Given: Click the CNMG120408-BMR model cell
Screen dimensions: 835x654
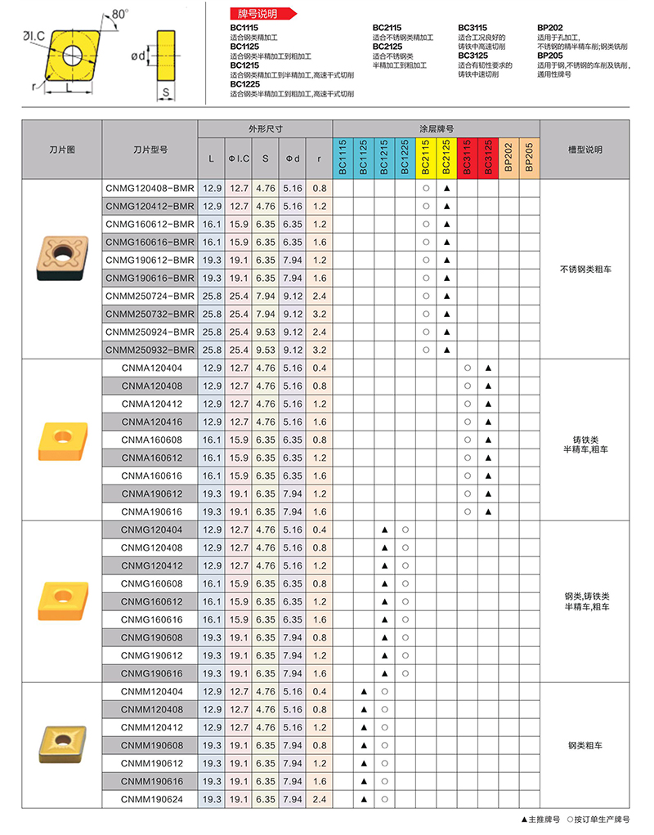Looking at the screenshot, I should click(150, 188).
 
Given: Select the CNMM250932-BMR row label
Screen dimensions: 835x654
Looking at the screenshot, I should click(150, 350).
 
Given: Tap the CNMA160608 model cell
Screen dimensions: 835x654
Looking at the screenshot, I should click(151, 440).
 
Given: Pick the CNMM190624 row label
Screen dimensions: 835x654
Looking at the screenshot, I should click(151, 799).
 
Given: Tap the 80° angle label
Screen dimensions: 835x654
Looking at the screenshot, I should click(119, 14).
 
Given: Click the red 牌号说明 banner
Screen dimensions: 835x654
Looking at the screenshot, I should click(260, 14).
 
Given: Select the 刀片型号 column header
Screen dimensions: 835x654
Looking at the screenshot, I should click(150, 150).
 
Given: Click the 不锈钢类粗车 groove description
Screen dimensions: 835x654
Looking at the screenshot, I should click(585, 269).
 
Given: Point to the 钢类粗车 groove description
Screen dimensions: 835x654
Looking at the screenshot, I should click(585, 745).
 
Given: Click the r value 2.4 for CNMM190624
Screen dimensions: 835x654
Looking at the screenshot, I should click(319, 799).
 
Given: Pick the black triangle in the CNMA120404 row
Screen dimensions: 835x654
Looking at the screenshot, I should click(487, 368).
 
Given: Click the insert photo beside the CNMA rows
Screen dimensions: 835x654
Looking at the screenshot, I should click(61, 440).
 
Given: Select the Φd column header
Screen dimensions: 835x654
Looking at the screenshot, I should click(292, 158).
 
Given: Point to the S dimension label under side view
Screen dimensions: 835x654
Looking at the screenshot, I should click(166, 93).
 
